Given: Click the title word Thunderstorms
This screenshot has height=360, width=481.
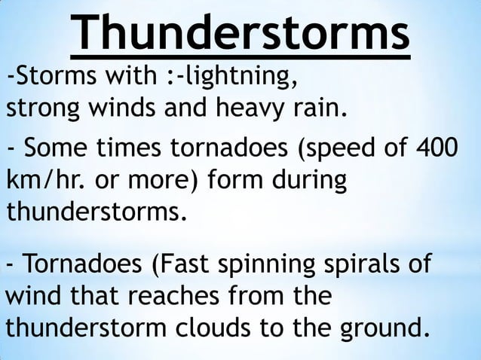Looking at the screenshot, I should (x=241, y=32).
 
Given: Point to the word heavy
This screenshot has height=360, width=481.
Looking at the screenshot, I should (x=254, y=110).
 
